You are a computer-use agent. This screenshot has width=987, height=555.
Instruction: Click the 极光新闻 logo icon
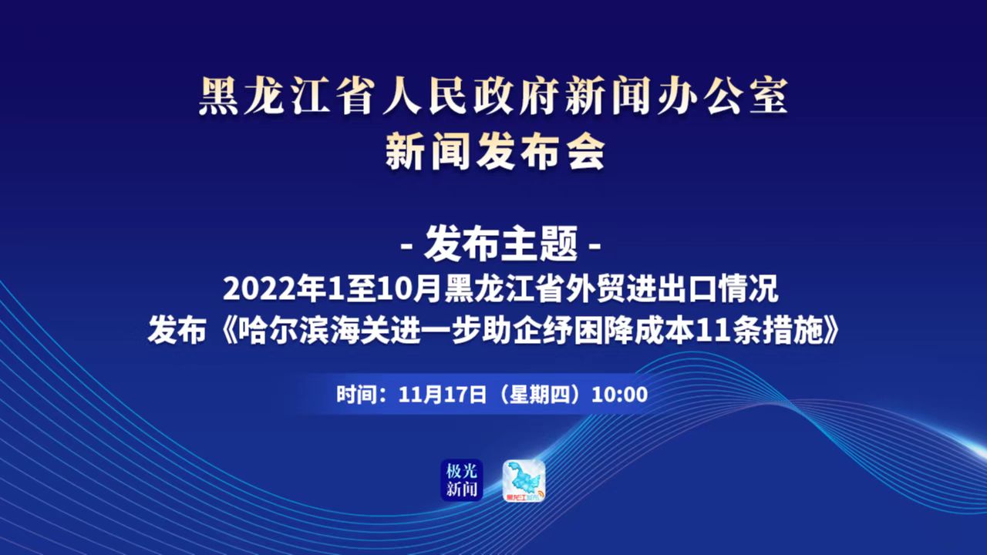coord(462,480)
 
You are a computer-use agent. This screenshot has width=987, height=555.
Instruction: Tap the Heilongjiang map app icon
coord(524,480)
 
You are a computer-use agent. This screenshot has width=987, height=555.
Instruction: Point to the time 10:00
coord(619,394)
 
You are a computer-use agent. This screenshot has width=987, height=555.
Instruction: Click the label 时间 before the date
coord(356,394)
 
